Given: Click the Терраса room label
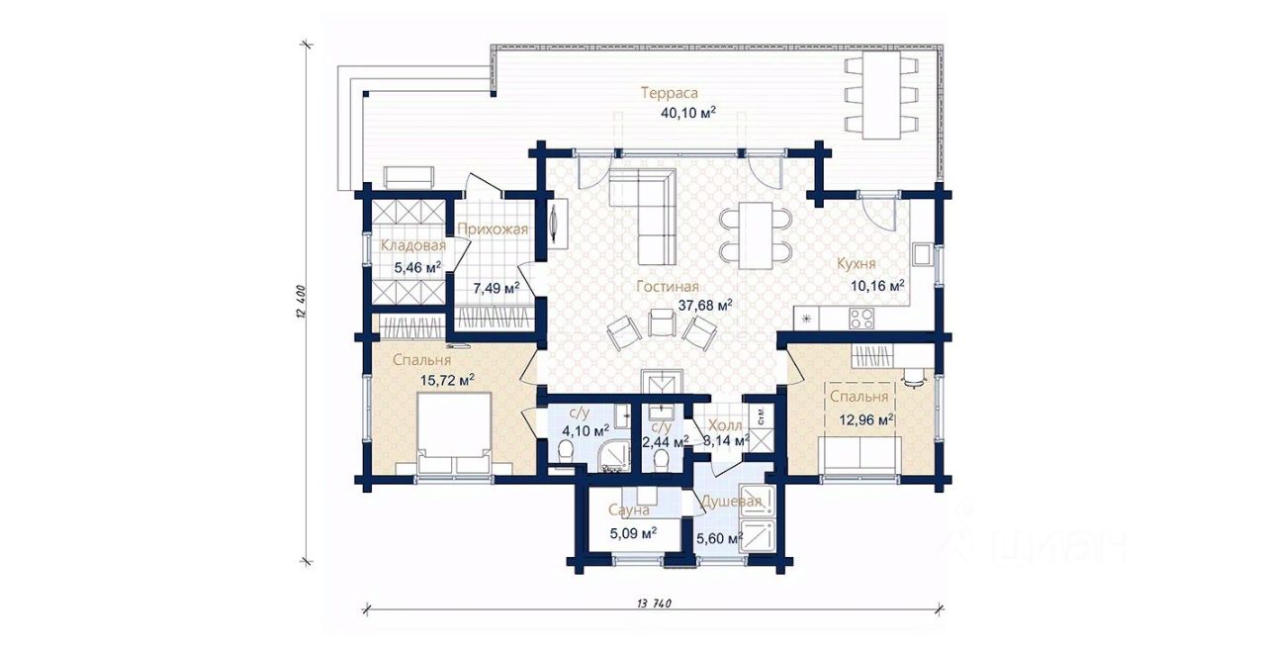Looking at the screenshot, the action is click(670, 93).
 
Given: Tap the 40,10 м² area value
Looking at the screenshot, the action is click(688, 113).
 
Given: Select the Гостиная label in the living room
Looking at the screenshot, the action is click(668, 287).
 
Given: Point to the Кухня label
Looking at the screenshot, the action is click(857, 263).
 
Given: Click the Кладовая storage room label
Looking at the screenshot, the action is click(413, 245).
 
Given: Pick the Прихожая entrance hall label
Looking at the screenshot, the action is click(493, 230).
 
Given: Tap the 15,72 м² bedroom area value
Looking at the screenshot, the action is click(447, 381).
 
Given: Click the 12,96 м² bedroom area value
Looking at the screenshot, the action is click(865, 420).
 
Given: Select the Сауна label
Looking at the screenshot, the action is click(629, 510).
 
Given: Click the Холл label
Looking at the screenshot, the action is click(725, 425).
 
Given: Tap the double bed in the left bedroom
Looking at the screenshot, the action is click(454, 433).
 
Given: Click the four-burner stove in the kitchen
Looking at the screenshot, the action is click(861, 319).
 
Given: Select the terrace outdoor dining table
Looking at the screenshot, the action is click(881, 95).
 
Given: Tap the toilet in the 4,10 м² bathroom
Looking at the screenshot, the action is click(565, 451).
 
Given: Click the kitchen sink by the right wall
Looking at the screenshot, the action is click(923, 254).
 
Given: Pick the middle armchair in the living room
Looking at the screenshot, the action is click(662, 323).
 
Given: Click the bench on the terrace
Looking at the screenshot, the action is click(409, 177).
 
